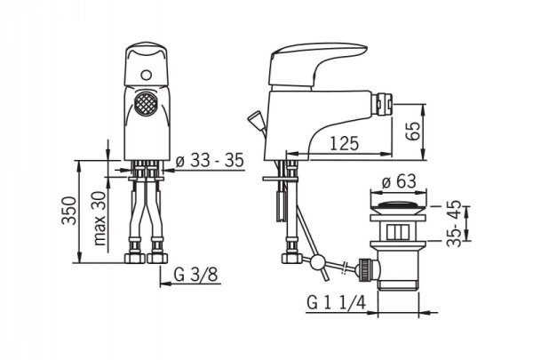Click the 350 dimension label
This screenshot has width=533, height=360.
pyautogui.click(x=69, y=211)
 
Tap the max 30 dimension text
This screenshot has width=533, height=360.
pyautogui.click(x=99, y=219)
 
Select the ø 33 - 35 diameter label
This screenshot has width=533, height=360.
pyautogui.click(x=210, y=160)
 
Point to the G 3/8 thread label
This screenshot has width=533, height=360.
pyautogui.click(x=195, y=275)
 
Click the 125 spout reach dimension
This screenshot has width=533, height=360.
pyautogui.click(x=344, y=143)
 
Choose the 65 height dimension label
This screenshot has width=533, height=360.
pyautogui.click(x=413, y=131)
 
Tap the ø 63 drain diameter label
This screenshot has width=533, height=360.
pyautogui.click(x=399, y=181)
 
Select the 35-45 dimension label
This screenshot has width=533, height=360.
pyautogui.click(x=454, y=223)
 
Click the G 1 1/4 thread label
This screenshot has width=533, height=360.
pyautogui.click(x=337, y=302)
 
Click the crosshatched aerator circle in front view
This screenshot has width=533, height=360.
pyautogui.click(x=146, y=103)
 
